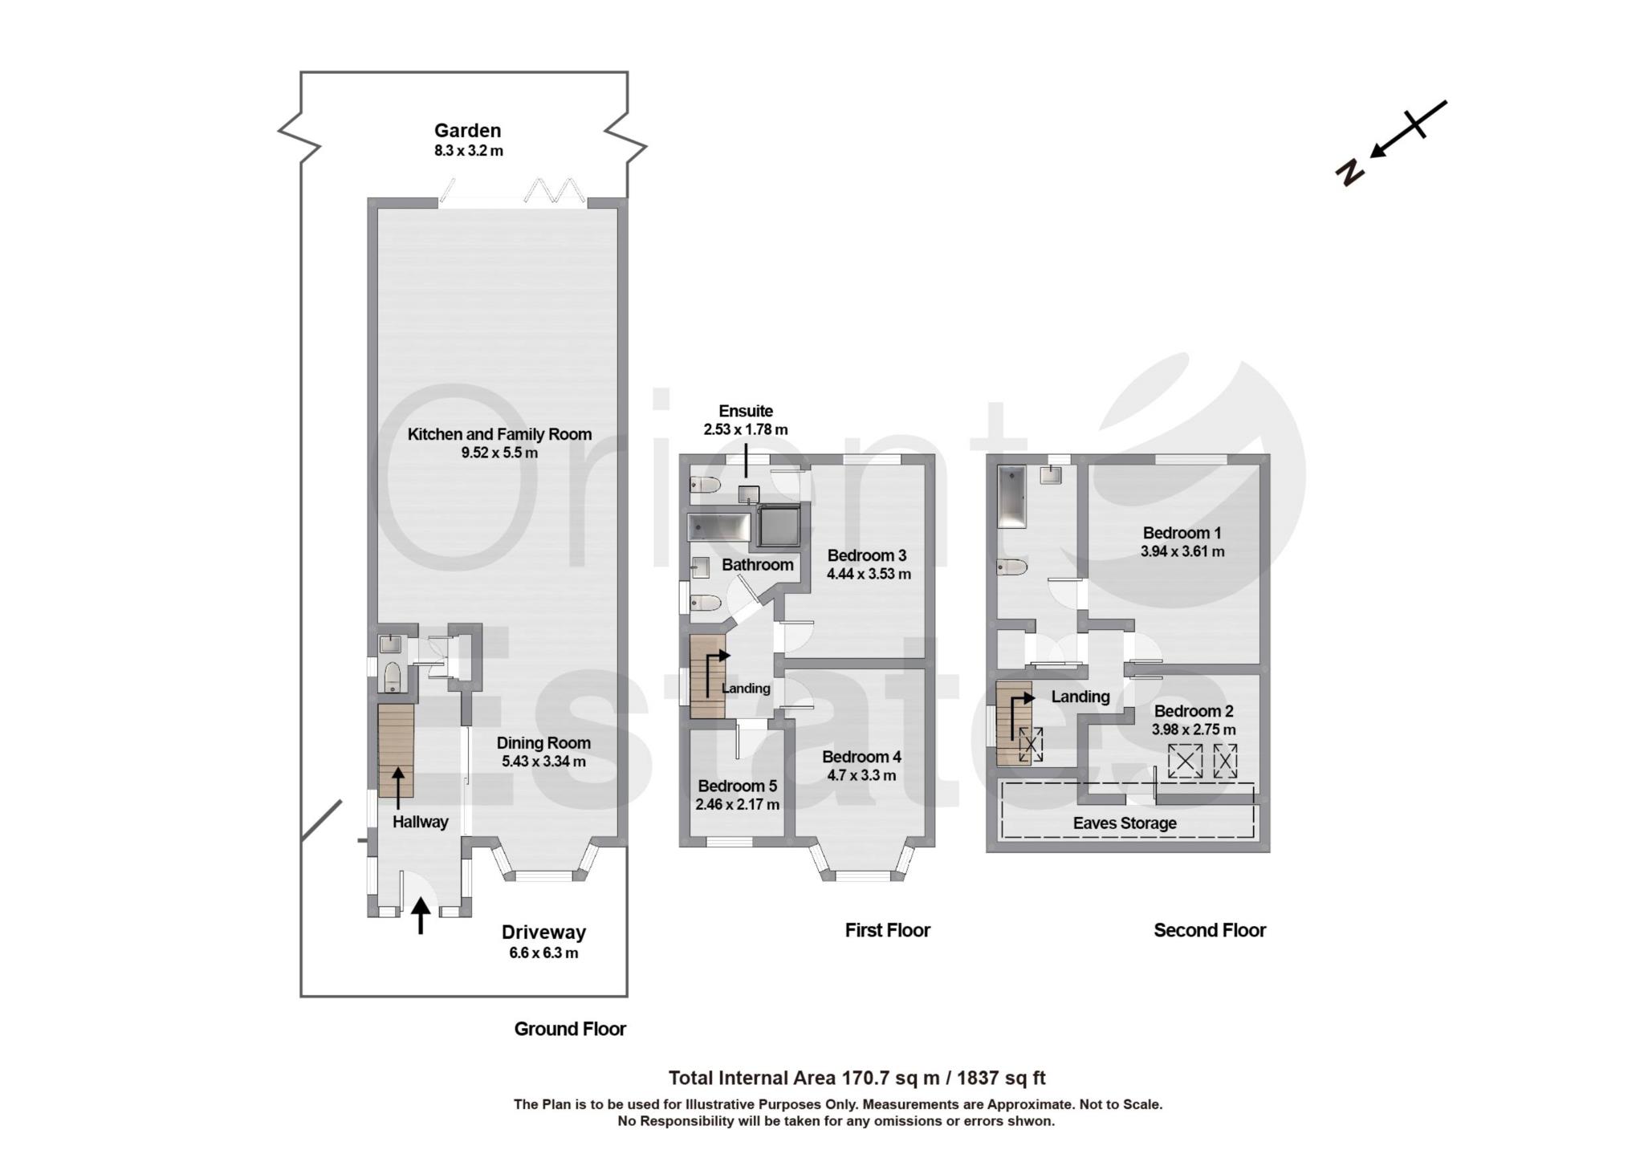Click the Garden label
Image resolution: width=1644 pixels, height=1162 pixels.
pyautogui.click(x=467, y=130)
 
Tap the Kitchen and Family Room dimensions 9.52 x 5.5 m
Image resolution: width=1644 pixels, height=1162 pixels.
pyautogui.click(x=499, y=453)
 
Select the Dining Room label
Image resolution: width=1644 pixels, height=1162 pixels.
pyautogui.click(x=543, y=743)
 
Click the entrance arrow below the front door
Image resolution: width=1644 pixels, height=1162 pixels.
pyautogui.click(x=420, y=916)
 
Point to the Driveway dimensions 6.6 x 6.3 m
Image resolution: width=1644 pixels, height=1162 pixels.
pyautogui.click(x=543, y=953)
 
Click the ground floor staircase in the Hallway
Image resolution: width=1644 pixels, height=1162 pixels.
pyautogui.click(x=396, y=751)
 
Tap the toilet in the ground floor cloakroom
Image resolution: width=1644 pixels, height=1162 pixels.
pyautogui.click(x=393, y=676)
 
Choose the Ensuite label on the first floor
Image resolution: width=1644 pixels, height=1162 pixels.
pyautogui.click(x=746, y=411)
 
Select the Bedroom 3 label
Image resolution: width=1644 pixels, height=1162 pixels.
pyautogui.click(x=867, y=555)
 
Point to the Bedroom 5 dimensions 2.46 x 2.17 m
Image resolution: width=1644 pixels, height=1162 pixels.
pyautogui.click(x=738, y=804)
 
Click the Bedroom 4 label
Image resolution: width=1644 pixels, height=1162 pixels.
pyautogui.click(x=861, y=757)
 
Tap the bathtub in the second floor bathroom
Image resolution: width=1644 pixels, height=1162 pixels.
pyautogui.click(x=1012, y=497)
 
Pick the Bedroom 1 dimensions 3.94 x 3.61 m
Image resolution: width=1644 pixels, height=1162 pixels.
pyautogui.click(x=1182, y=551)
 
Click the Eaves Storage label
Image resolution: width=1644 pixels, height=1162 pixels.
pyautogui.click(x=1125, y=823)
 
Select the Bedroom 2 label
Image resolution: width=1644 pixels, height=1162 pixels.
pyautogui.click(x=1194, y=711)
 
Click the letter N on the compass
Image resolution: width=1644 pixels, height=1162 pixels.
pyautogui.click(x=1350, y=171)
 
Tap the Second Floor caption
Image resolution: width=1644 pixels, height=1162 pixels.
pyautogui.click(x=1210, y=930)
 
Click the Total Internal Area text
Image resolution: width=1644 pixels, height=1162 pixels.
pyautogui.click(x=857, y=1078)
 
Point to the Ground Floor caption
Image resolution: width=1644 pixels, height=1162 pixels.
pyautogui.click(x=570, y=1029)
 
